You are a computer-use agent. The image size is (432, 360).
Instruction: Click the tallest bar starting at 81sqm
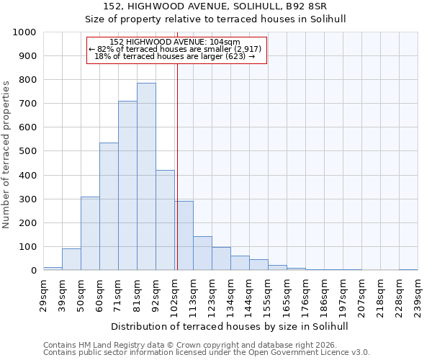[146, 176]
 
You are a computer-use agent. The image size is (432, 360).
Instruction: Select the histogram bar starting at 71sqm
[127, 186]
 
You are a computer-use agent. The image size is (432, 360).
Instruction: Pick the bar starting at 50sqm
[90, 233]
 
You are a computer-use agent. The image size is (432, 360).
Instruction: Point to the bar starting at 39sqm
[71, 259]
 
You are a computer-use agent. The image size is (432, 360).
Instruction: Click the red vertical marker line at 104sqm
[177, 144]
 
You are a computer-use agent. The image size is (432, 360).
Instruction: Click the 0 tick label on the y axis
[33, 271]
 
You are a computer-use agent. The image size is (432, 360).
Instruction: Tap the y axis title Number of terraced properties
[6, 154]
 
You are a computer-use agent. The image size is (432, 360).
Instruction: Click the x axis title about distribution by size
[230, 326]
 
